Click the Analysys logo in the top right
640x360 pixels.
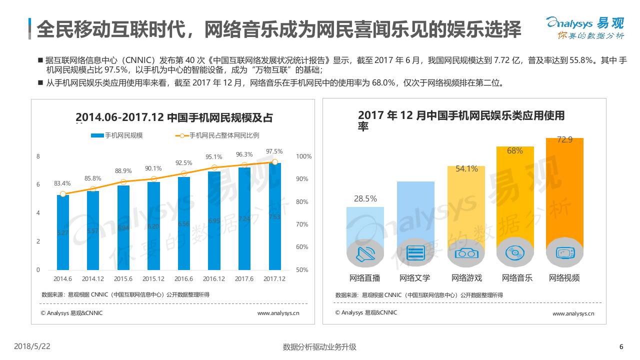click(585, 27)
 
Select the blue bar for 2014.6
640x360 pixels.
click(63, 232)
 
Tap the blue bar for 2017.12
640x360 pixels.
click(274, 216)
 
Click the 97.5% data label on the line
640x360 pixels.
click(274, 151)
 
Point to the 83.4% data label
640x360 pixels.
click(62, 183)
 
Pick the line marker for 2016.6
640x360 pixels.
click(183, 173)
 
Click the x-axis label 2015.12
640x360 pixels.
click(153, 279)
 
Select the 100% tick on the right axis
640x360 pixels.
click(303, 156)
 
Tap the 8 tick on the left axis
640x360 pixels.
click(38, 156)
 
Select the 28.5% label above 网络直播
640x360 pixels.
click(365, 199)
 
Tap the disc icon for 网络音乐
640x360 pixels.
click(515, 253)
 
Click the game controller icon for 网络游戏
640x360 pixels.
click(466, 253)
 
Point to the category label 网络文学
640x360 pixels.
click(414, 278)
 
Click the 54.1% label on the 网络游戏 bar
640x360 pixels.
click(466, 169)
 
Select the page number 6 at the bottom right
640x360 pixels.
click(621, 347)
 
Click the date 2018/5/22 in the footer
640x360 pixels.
click(32, 346)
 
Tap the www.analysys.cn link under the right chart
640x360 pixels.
click(573, 314)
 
